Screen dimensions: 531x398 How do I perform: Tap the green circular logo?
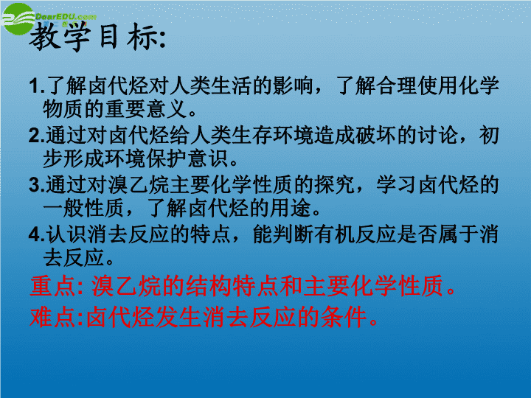tap(18, 18)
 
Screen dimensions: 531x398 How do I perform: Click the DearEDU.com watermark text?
tap(66, 16)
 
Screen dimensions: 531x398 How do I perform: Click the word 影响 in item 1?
tap(293, 85)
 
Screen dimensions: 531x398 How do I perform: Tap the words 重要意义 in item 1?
tap(147, 109)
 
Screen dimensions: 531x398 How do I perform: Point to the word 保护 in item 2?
tap(167, 158)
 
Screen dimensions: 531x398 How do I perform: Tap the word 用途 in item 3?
tap(291, 208)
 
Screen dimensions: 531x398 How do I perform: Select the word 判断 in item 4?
tap(293, 234)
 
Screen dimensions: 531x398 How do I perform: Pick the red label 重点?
tap(52, 286)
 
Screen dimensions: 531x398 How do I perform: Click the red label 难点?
tap(52, 318)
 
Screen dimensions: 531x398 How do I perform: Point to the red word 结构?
tap(209, 286)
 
